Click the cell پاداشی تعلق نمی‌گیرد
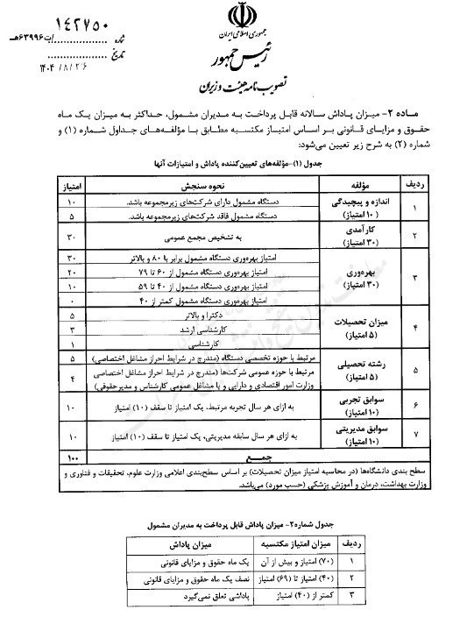tap(190, 598)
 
